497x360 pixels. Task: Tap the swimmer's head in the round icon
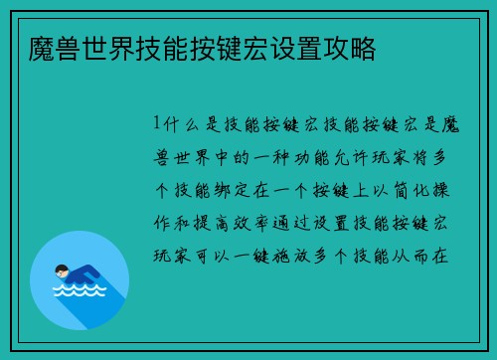click(63, 270)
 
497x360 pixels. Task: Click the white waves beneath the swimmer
click(80, 291)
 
